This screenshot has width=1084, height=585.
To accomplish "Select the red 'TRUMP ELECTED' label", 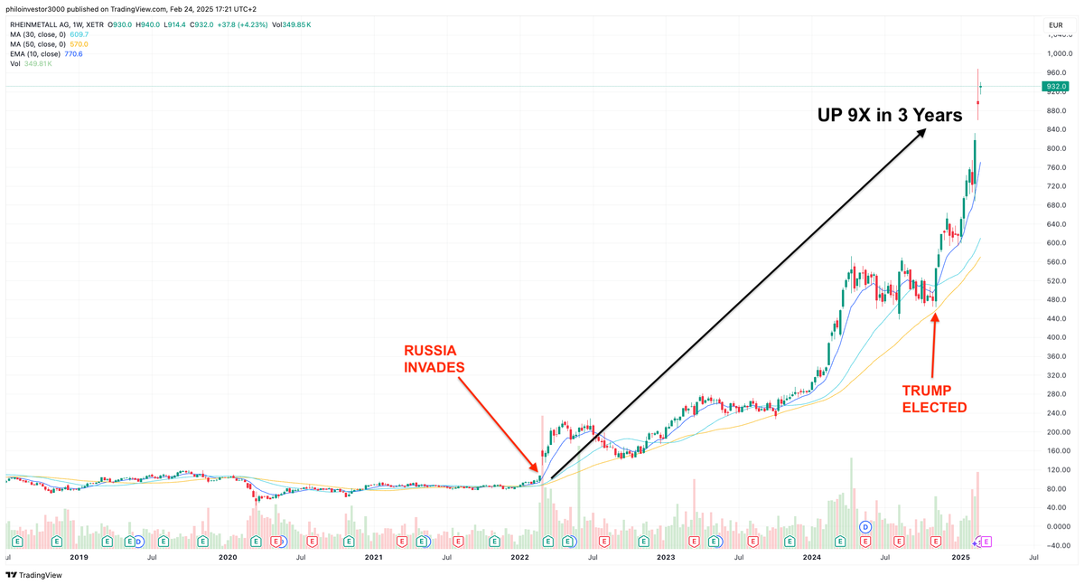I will click(x=934, y=399).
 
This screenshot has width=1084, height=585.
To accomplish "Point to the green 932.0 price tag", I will click(x=1055, y=87).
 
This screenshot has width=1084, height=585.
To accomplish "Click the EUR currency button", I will click(x=1055, y=25).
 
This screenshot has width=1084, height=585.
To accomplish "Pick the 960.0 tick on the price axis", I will click(x=1056, y=72).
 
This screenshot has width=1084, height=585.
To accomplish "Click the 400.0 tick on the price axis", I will click(x=1056, y=337).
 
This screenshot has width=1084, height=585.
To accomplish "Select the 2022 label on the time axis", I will click(x=519, y=558).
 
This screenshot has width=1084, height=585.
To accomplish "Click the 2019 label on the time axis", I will click(x=79, y=558).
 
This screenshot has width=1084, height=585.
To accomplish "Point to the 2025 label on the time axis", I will click(x=960, y=558).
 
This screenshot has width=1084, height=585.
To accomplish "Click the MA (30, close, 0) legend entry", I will click(x=38, y=34).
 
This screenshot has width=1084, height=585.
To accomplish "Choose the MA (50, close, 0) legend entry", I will click(x=38, y=44).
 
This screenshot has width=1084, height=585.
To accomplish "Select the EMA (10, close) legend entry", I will click(x=36, y=54).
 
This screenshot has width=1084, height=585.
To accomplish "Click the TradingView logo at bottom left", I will click(x=34, y=575).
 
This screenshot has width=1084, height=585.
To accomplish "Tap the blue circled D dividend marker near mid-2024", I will click(x=864, y=526).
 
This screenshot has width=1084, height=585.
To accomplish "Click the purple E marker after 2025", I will click(x=986, y=542).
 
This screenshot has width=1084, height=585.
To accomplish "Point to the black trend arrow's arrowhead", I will click(x=923, y=131).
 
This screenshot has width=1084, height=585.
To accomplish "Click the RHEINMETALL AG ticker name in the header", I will click(x=36, y=24).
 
